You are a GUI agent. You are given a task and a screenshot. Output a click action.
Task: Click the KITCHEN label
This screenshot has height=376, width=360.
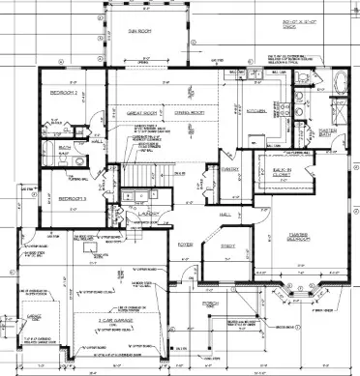click(x=256, y=111)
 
